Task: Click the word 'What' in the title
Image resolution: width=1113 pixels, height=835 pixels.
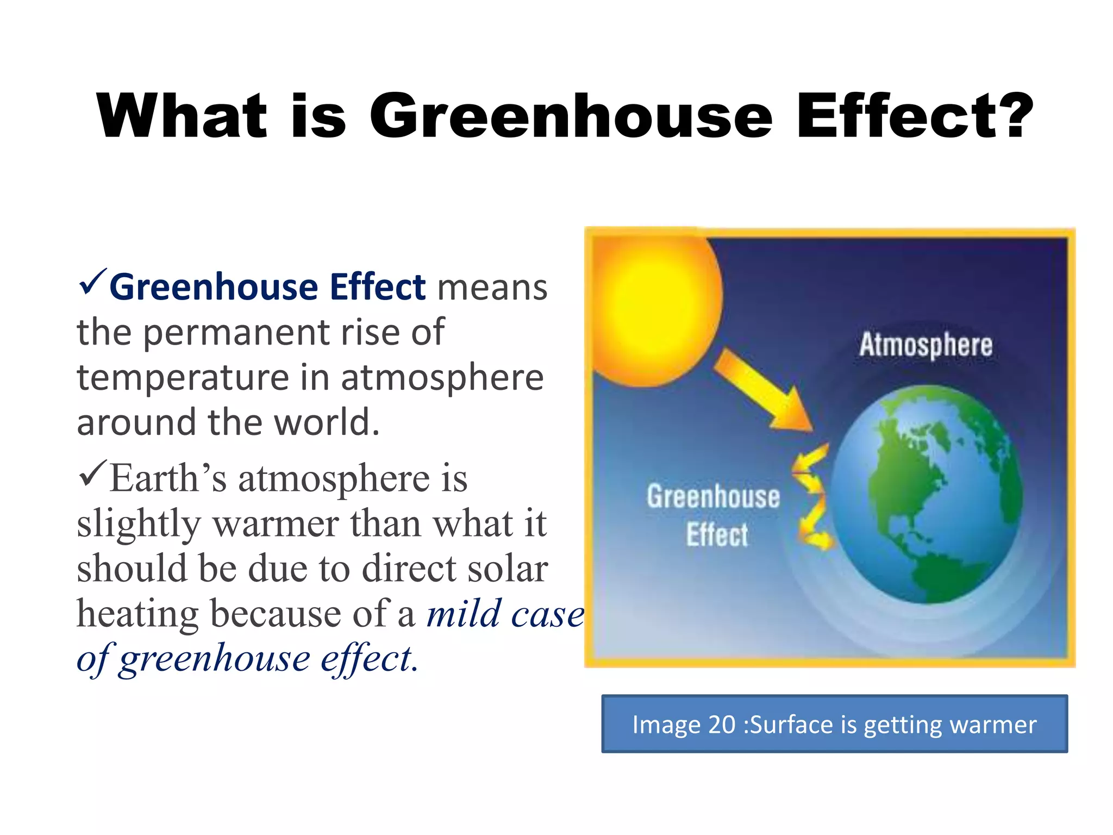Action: click(x=182, y=115)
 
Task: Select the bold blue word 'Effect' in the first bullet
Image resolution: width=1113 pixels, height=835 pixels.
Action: click(x=377, y=286)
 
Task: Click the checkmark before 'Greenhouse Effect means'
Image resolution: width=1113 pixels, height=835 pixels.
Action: click(x=93, y=282)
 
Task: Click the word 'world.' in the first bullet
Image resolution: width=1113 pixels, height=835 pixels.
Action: click(x=326, y=422)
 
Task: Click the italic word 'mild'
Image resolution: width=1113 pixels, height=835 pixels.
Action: click(x=463, y=613)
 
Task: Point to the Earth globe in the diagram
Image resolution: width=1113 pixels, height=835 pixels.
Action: click(x=927, y=495)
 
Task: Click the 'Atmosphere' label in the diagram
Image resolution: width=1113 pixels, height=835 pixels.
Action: click(x=926, y=345)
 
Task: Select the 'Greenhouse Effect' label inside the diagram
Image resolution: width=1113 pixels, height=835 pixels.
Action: click(x=714, y=514)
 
